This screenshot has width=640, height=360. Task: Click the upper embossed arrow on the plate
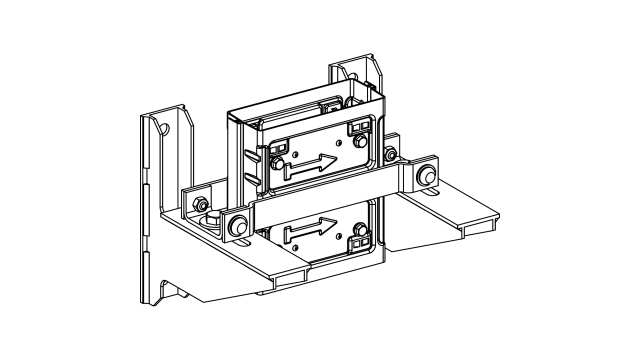tap(309, 163)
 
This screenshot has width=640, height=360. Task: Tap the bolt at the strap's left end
tap(238, 225)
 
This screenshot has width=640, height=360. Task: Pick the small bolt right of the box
tap(389, 155)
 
